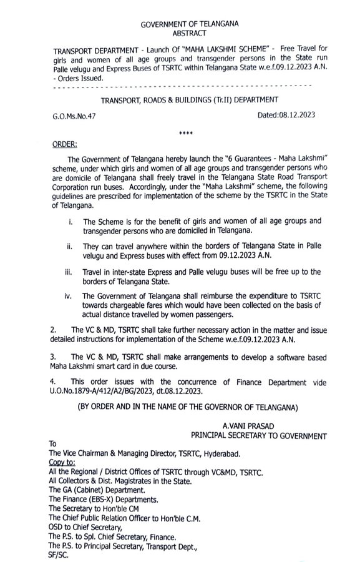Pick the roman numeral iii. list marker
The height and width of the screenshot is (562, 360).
(70, 272)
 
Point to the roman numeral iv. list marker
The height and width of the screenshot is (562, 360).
(71, 297)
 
